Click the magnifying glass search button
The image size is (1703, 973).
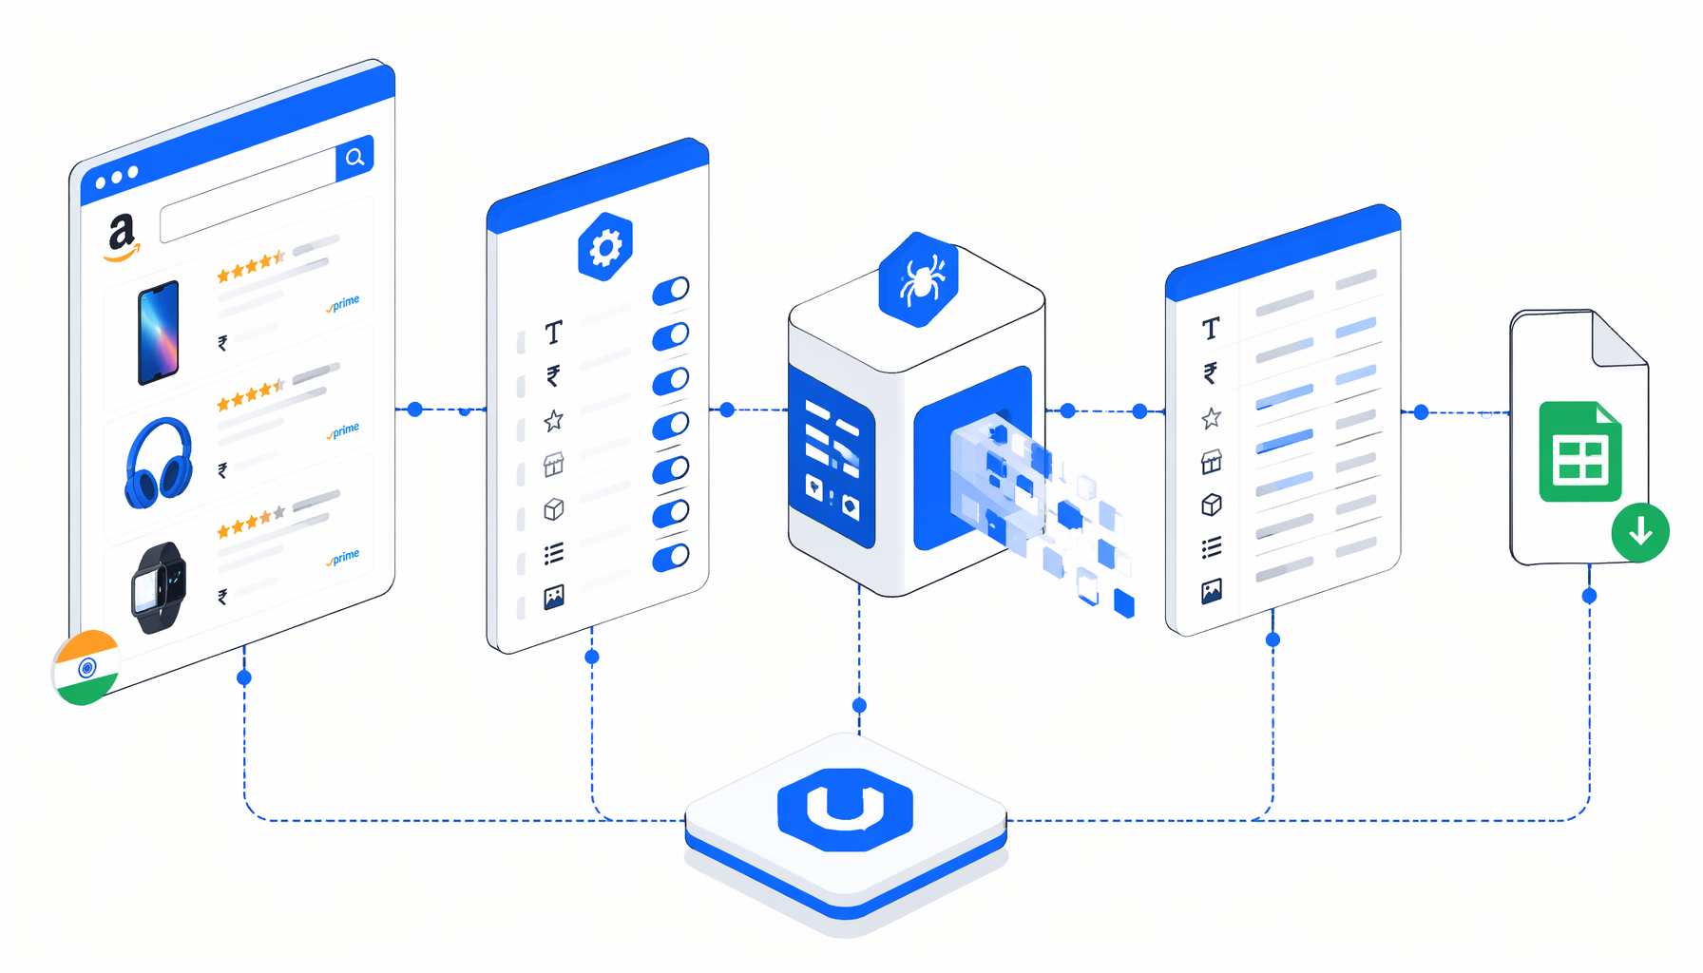[354, 158]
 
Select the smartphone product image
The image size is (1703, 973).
[159, 333]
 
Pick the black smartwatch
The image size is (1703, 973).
[159, 588]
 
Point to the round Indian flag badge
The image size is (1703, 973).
[86, 667]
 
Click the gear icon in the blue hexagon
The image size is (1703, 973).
[605, 247]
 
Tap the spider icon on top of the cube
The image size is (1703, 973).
[919, 279]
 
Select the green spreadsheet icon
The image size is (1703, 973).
[1580, 451]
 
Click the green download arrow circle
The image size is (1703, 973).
[1640, 532]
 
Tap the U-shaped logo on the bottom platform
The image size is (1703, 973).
[845, 810]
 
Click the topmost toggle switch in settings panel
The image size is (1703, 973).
[671, 291]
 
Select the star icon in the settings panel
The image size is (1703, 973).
[554, 420]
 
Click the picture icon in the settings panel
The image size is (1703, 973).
[554, 597]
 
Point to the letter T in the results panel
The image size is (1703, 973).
[1211, 329]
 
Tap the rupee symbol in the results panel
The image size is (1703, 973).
[1211, 372]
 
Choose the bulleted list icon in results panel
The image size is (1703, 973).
[1211, 548]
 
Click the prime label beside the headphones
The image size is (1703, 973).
[343, 431]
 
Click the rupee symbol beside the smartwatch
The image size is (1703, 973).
[222, 597]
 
